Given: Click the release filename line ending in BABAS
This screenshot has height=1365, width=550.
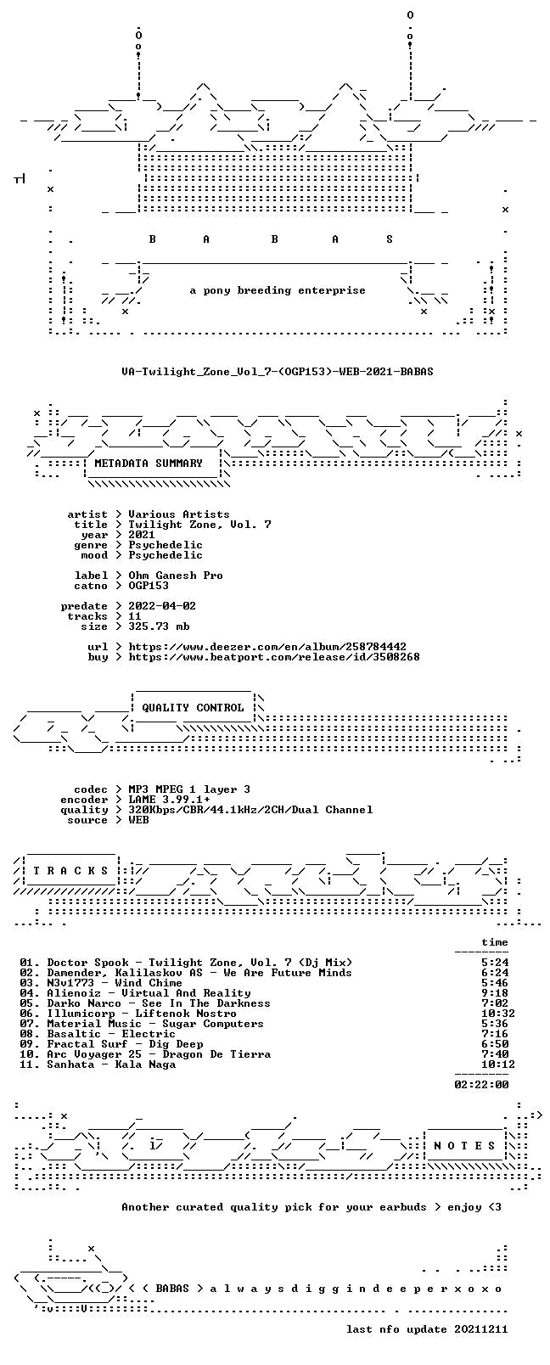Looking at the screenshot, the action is [278, 372].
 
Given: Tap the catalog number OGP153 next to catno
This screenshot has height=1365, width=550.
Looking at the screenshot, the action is [149, 586].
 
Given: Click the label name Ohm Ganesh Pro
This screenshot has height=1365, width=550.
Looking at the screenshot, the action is [176, 576].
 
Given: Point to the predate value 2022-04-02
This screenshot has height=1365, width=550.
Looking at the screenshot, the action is [162, 606].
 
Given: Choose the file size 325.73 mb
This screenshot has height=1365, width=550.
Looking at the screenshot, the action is [159, 626].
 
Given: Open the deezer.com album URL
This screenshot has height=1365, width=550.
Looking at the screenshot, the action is [267, 647].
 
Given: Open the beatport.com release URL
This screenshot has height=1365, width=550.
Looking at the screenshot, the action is [274, 657].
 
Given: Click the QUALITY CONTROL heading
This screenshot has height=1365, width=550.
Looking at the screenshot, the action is [193, 707].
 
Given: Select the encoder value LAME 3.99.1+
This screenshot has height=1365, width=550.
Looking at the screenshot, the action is [169, 800].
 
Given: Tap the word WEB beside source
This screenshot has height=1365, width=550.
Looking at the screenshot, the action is [138, 820].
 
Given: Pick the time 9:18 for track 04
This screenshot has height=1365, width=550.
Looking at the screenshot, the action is [495, 993].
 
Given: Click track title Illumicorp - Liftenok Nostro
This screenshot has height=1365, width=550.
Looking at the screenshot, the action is [142, 1014].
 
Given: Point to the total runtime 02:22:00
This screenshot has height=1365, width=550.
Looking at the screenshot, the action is [481, 1085].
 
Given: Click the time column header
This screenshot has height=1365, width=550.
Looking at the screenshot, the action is [495, 942].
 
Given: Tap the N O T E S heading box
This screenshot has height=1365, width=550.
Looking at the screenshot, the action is [465, 1146].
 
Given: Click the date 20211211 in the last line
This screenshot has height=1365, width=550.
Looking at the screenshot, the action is [481, 1329].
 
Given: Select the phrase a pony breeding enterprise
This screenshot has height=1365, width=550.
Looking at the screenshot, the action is [278, 290].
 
